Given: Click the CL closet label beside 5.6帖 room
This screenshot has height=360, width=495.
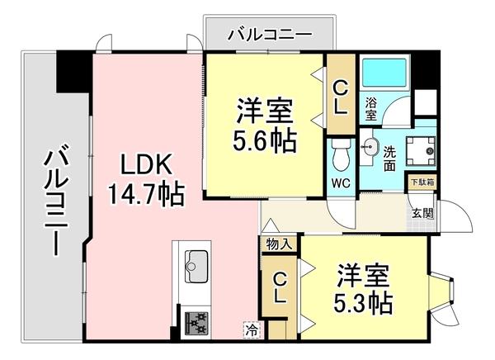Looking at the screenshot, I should (x=339, y=94).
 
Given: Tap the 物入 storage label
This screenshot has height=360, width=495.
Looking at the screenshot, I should (x=277, y=244).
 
